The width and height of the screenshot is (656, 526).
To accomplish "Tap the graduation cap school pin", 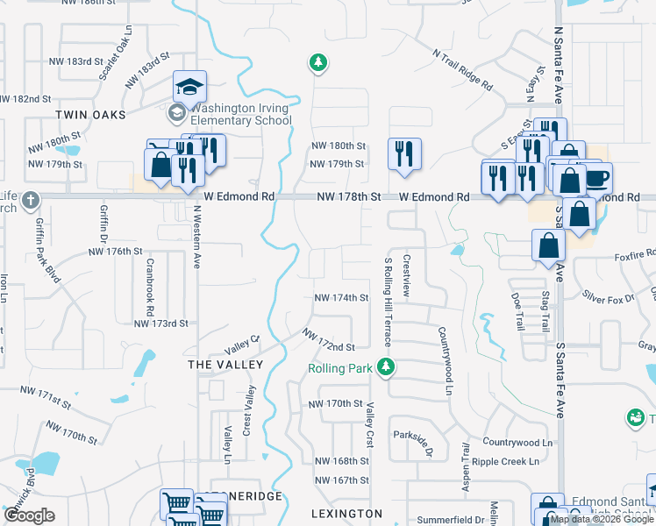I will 189,87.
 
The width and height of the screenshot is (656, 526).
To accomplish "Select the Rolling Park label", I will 340,368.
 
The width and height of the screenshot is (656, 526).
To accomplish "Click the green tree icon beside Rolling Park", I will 384,366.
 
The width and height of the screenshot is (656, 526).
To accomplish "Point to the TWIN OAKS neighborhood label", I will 90,115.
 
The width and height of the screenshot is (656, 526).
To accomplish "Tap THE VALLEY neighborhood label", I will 225,364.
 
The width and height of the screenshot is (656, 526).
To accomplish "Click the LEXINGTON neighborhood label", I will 347,513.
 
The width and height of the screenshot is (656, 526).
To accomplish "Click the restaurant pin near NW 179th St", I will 404,153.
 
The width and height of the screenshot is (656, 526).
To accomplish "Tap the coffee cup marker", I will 597,177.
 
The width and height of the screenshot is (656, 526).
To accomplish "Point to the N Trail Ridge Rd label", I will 462,69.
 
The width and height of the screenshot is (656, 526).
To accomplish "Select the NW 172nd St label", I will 329,341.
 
